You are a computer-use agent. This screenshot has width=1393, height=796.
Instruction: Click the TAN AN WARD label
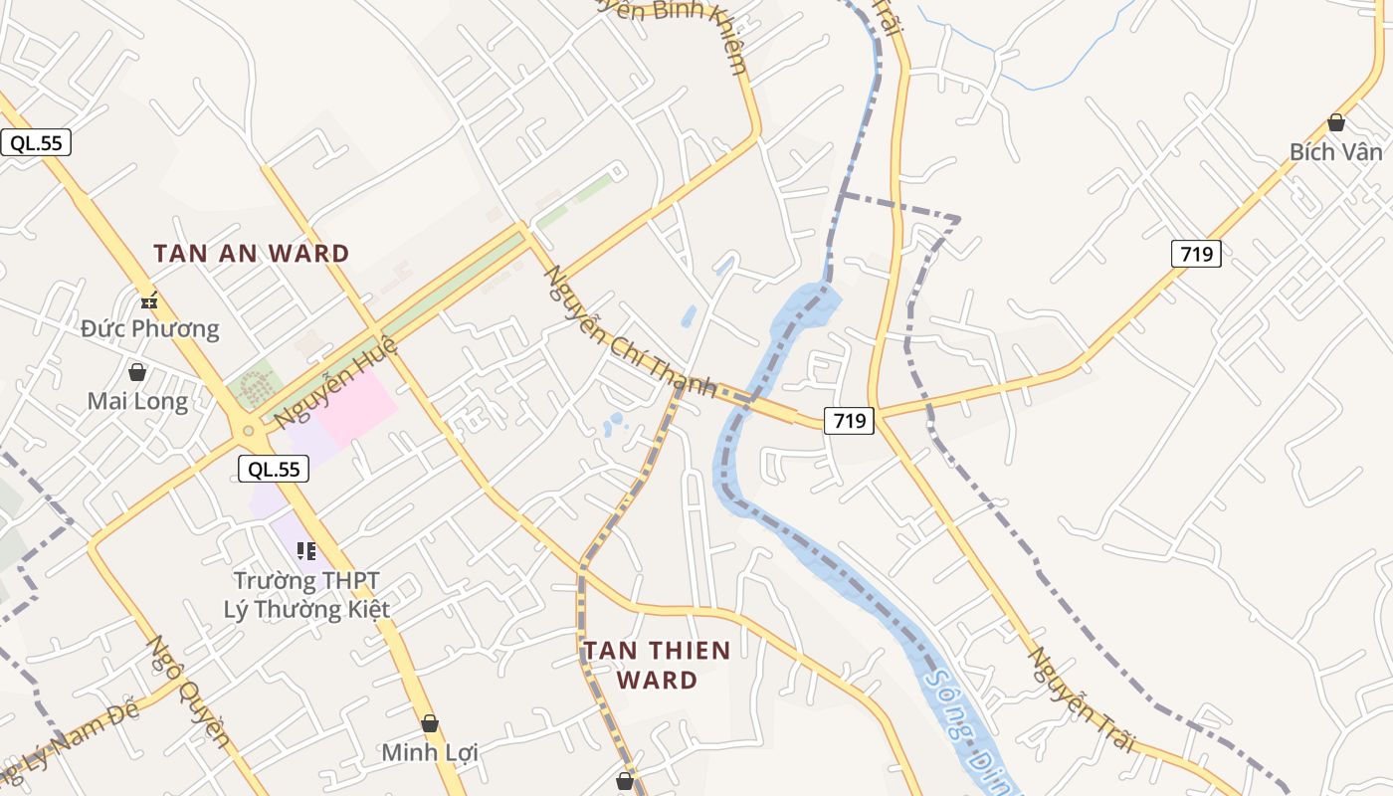click(x=251, y=254)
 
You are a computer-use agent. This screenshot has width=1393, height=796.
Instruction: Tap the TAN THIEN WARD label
click(x=657, y=665)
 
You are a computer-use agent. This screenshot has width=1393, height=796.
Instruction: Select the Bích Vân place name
click(x=1335, y=152)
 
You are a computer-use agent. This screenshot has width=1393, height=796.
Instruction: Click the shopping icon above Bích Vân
click(x=1335, y=122)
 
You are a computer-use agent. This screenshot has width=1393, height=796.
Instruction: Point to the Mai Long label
click(x=137, y=401)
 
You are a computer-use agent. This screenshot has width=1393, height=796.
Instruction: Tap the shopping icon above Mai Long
click(x=137, y=372)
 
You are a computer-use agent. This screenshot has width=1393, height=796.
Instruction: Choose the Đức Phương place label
click(x=149, y=328)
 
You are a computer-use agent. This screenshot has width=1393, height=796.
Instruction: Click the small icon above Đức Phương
click(x=149, y=299)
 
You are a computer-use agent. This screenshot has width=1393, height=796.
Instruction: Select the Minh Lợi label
click(x=430, y=752)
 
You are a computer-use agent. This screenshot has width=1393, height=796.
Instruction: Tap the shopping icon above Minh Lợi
click(x=430, y=723)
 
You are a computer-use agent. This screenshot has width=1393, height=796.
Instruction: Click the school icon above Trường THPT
click(x=306, y=550)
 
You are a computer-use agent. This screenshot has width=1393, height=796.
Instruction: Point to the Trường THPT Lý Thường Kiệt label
click(x=306, y=594)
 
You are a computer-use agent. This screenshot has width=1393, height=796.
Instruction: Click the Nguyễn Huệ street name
click(x=336, y=383)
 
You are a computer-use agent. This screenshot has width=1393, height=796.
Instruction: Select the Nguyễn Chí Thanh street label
click(x=629, y=331)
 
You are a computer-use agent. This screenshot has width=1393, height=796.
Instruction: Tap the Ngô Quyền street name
click(x=189, y=692)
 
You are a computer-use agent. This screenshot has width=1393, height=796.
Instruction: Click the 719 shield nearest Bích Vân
click(x=1195, y=254)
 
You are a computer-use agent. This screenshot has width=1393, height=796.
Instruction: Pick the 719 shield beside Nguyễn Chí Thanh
click(x=849, y=421)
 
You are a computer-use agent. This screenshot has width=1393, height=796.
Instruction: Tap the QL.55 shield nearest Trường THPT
click(x=274, y=469)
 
